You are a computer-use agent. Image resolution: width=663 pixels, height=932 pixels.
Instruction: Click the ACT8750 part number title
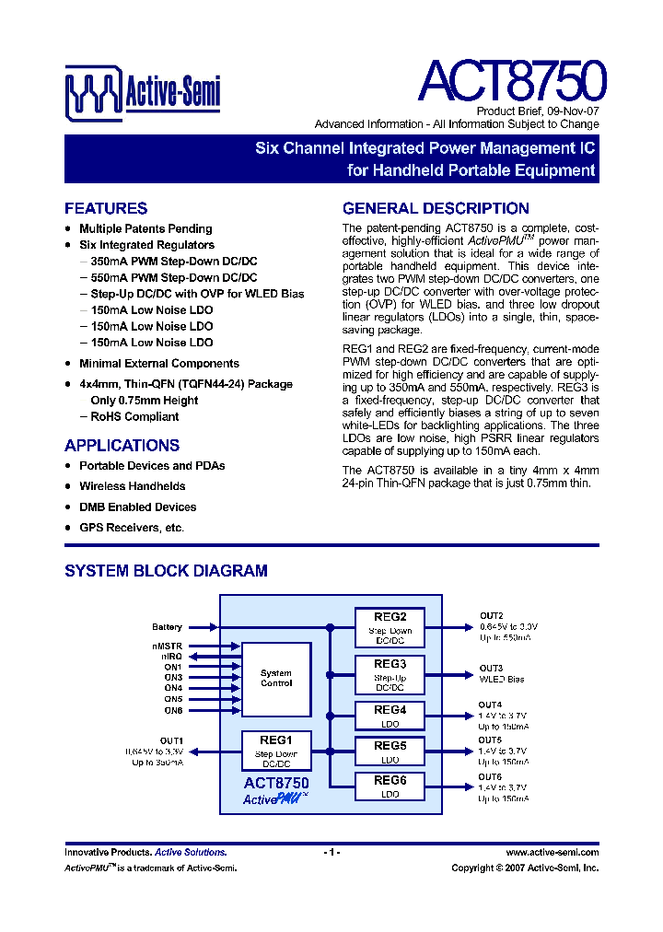pyautogui.click(x=511, y=81)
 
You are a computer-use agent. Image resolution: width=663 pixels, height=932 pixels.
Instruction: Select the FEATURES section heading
pyautogui.click(x=106, y=208)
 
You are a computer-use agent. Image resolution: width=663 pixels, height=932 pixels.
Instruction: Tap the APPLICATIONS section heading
pyautogui.click(x=122, y=445)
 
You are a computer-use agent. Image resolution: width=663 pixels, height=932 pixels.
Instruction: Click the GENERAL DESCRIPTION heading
pyautogui.click(x=436, y=208)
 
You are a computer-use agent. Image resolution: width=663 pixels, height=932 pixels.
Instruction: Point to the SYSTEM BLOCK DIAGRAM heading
pyautogui.click(x=166, y=571)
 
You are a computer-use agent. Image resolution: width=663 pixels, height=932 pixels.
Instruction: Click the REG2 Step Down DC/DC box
pyautogui.click(x=390, y=627)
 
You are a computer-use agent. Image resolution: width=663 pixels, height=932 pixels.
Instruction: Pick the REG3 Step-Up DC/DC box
pyautogui.click(x=390, y=675)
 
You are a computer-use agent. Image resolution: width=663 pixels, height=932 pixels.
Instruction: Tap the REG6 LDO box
pyautogui.click(x=390, y=786)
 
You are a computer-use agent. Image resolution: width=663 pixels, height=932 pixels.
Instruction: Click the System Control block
pyautogui.click(x=275, y=679)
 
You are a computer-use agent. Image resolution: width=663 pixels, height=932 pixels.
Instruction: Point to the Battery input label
pyautogui.click(x=168, y=627)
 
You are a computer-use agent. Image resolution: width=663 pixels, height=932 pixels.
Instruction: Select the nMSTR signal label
pyautogui.click(x=168, y=646)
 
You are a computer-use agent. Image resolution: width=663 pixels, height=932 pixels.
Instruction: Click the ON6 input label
pyautogui.click(x=173, y=710)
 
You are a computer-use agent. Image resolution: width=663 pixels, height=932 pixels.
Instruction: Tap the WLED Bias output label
pyautogui.click(x=502, y=680)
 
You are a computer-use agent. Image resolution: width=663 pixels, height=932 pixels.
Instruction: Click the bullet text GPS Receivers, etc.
pyautogui.click(x=132, y=528)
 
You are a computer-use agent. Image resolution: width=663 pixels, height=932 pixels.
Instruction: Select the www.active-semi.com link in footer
pyautogui.click(x=552, y=853)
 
